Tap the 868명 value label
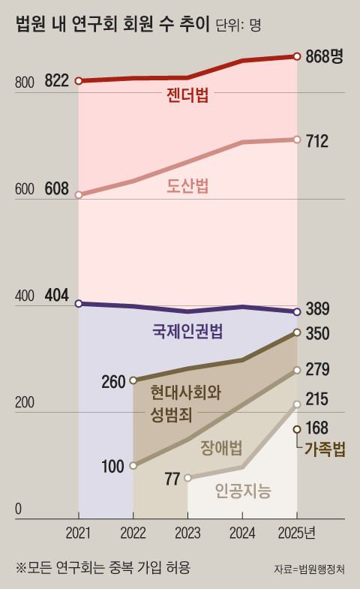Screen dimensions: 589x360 click(324, 56)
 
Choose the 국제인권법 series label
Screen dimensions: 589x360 click(187, 331)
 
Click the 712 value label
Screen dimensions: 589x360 click(318, 140)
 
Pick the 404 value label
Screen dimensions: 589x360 click(57, 296)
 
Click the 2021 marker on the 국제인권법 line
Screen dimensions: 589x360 click(79, 303)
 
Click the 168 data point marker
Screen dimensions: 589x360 click(297, 429)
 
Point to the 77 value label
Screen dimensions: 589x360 click(171, 478)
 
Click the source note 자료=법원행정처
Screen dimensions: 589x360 click(314, 569)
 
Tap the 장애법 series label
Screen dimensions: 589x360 click(221, 449)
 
